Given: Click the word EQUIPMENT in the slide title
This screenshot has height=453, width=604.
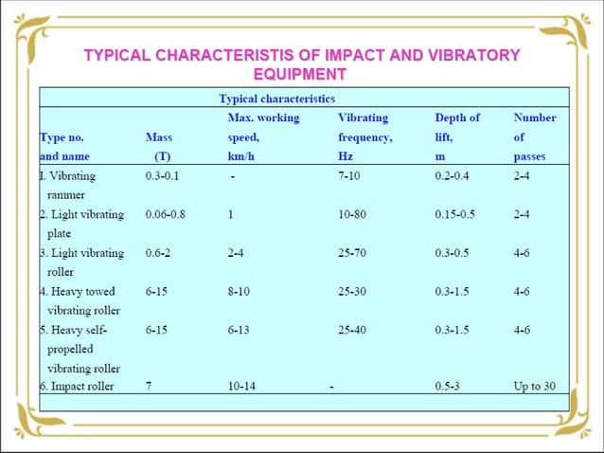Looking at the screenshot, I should pyautogui.click(x=300, y=73).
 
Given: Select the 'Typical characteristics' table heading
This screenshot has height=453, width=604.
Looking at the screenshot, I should pyautogui.click(x=276, y=98).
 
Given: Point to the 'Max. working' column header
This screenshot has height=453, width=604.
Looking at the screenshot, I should pyautogui.click(x=263, y=118).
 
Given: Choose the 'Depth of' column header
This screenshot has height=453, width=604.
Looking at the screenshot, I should pyautogui.click(x=457, y=118).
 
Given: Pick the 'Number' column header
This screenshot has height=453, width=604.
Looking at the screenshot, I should pyautogui.click(x=535, y=118).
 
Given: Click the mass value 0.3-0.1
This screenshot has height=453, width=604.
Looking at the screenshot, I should pyautogui.click(x=166, y=175).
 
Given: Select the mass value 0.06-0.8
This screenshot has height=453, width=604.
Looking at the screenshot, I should pyautogui.click(x=166, y=214).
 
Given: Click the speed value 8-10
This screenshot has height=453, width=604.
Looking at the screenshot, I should pyautogui.click(x=239, y=292).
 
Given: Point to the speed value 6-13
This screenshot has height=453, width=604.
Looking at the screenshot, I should pyautogui.click(x=239, y=331).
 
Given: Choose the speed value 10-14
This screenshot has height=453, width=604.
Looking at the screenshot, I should pyautogui.click(x=242, y=388).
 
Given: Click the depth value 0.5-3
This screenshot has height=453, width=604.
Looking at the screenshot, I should pyautogui.click(x=449, y=388).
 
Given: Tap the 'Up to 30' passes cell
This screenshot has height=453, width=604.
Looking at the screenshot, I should pyautogui.click(x=535, y=388).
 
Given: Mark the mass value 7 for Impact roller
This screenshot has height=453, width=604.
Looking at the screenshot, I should pyautogui.click(x=149, y=388).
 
